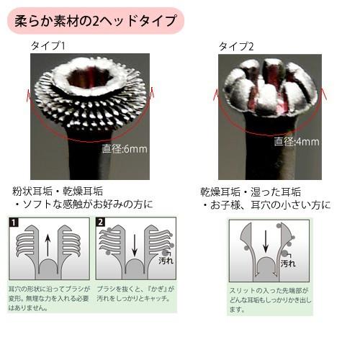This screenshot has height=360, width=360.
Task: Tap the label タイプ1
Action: pos(48,46)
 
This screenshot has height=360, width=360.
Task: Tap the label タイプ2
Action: pos(237,47)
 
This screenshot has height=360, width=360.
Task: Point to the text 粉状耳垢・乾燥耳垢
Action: pos(57,191)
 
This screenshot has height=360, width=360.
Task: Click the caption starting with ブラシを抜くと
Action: pos(134,296)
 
